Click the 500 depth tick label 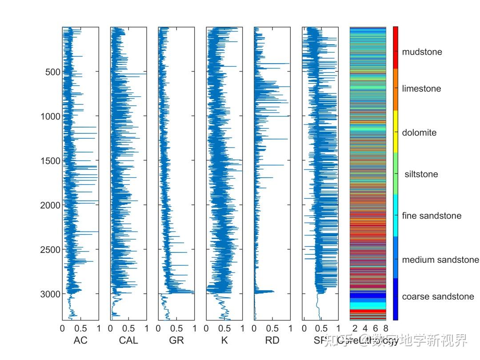(x=52, y=72)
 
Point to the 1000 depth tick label (x=50, y=116)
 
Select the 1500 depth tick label (x=50, y=161)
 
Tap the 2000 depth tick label (x=50, y=205)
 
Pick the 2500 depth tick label (x=50, y=250)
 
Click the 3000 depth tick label (x=50, y=294)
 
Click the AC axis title (x=80, y=341)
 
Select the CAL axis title (x=128, y=341)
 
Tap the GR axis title (x=176, y=341)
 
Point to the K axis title (x=224, y=341)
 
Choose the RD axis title (x=272, y=341)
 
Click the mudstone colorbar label (x=422, y=52)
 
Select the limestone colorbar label (x=421, y=89)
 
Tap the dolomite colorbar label (x=419, y=133)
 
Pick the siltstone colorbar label (x=421, y=174)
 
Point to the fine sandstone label (x=432, y=216)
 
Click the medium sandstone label (x=440, y=260)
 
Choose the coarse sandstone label (x=438, y=297)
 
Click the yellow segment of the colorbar (x=396, y=132)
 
